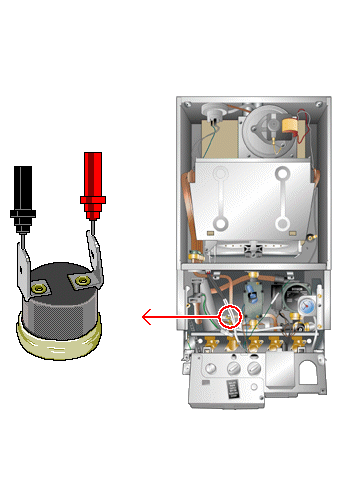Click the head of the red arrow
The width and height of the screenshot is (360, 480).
click(x=146, y=318)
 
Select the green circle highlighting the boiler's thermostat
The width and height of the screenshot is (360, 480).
click(x=231, y=317)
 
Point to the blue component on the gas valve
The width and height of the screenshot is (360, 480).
click(x=256, y=295)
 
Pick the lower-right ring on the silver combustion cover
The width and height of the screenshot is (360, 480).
click(x=283, y=222)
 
